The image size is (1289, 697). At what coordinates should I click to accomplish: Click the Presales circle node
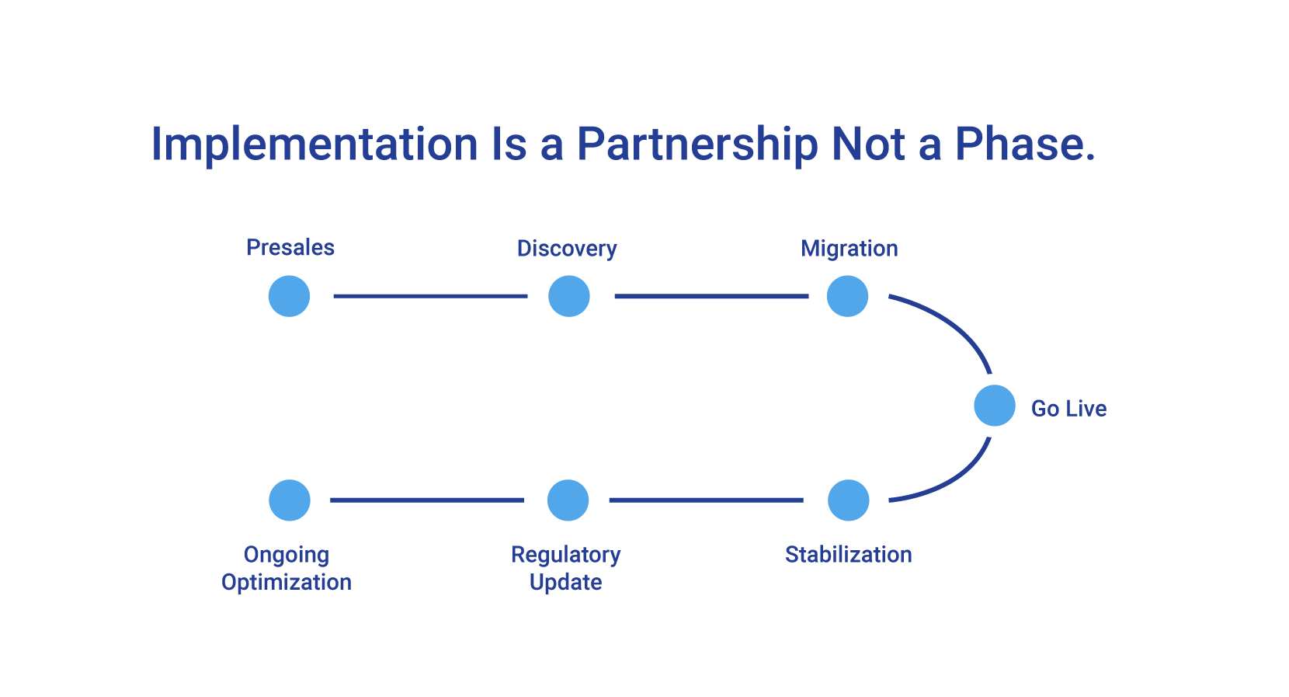289,296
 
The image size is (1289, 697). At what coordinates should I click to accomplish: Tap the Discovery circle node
569,296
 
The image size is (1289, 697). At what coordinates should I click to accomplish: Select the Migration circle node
847,296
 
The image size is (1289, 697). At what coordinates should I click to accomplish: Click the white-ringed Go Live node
994,406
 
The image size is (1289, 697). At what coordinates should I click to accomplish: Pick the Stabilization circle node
848,500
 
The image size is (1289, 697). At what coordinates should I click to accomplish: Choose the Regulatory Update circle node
568,500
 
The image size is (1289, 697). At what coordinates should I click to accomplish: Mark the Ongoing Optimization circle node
290,500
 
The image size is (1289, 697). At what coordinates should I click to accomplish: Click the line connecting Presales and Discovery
429,296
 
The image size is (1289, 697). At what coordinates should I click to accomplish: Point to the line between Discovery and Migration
711,296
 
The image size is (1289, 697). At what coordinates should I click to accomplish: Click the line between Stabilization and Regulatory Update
706,500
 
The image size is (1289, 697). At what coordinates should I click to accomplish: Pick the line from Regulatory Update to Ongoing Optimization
427,500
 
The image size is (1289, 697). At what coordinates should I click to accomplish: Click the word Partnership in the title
697,145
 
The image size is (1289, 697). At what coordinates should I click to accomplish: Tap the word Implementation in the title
314,145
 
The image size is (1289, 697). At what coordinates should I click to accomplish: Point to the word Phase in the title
1023,145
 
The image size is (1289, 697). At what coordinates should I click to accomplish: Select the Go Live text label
1068,409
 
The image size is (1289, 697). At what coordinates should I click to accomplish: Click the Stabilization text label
848,555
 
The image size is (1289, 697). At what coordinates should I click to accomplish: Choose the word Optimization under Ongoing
287,582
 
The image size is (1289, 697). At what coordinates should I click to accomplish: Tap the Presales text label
290,248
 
